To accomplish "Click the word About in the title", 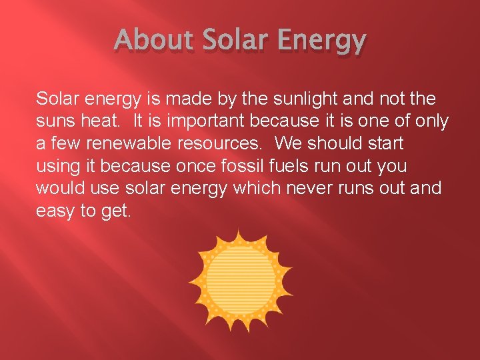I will (x=143, y=41).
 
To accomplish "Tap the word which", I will (x=257, y=188).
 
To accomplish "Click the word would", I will (x=59, y=188).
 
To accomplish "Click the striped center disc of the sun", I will (x=240, y=278).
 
